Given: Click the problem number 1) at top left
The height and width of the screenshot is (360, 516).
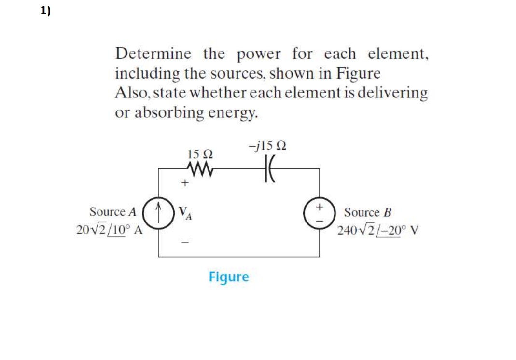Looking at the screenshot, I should [45, 12].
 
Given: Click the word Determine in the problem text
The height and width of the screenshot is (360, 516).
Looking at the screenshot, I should [153, 54].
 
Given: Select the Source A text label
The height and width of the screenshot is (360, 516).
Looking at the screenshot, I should [113, 212].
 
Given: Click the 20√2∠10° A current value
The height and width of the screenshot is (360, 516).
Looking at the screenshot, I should [109, 230].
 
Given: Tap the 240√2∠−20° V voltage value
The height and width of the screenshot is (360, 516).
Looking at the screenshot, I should [378, 230].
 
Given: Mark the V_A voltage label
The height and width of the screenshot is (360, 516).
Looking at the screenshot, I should [184, 212].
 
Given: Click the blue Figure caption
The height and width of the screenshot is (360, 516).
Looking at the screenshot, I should [229, 277].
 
